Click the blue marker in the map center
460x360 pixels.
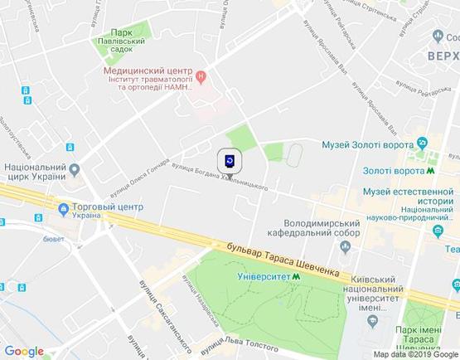tap(230, 161)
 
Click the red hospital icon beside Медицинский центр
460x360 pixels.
tap(201, 78)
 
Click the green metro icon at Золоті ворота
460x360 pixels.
tap(432, 170)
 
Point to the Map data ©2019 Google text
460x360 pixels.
tap(415, 354)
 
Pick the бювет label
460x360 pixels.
tap(53, 239)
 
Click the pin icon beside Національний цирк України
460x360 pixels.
tap(74, 169)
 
